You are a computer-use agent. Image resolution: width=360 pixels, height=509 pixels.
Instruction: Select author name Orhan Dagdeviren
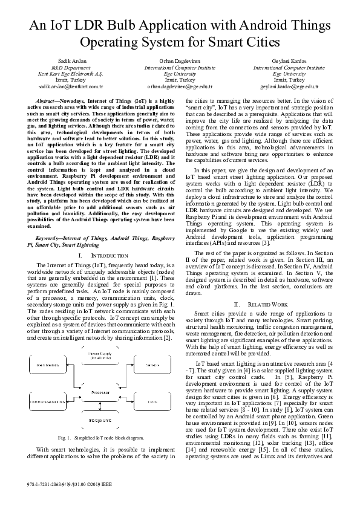tap(180, 62)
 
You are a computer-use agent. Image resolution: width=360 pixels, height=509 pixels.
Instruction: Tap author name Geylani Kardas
tap(287, 62)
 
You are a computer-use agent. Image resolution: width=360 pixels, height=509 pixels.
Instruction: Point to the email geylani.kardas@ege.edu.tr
tap(287, 86)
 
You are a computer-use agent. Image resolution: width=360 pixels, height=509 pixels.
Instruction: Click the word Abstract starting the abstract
tap(50, 100)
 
